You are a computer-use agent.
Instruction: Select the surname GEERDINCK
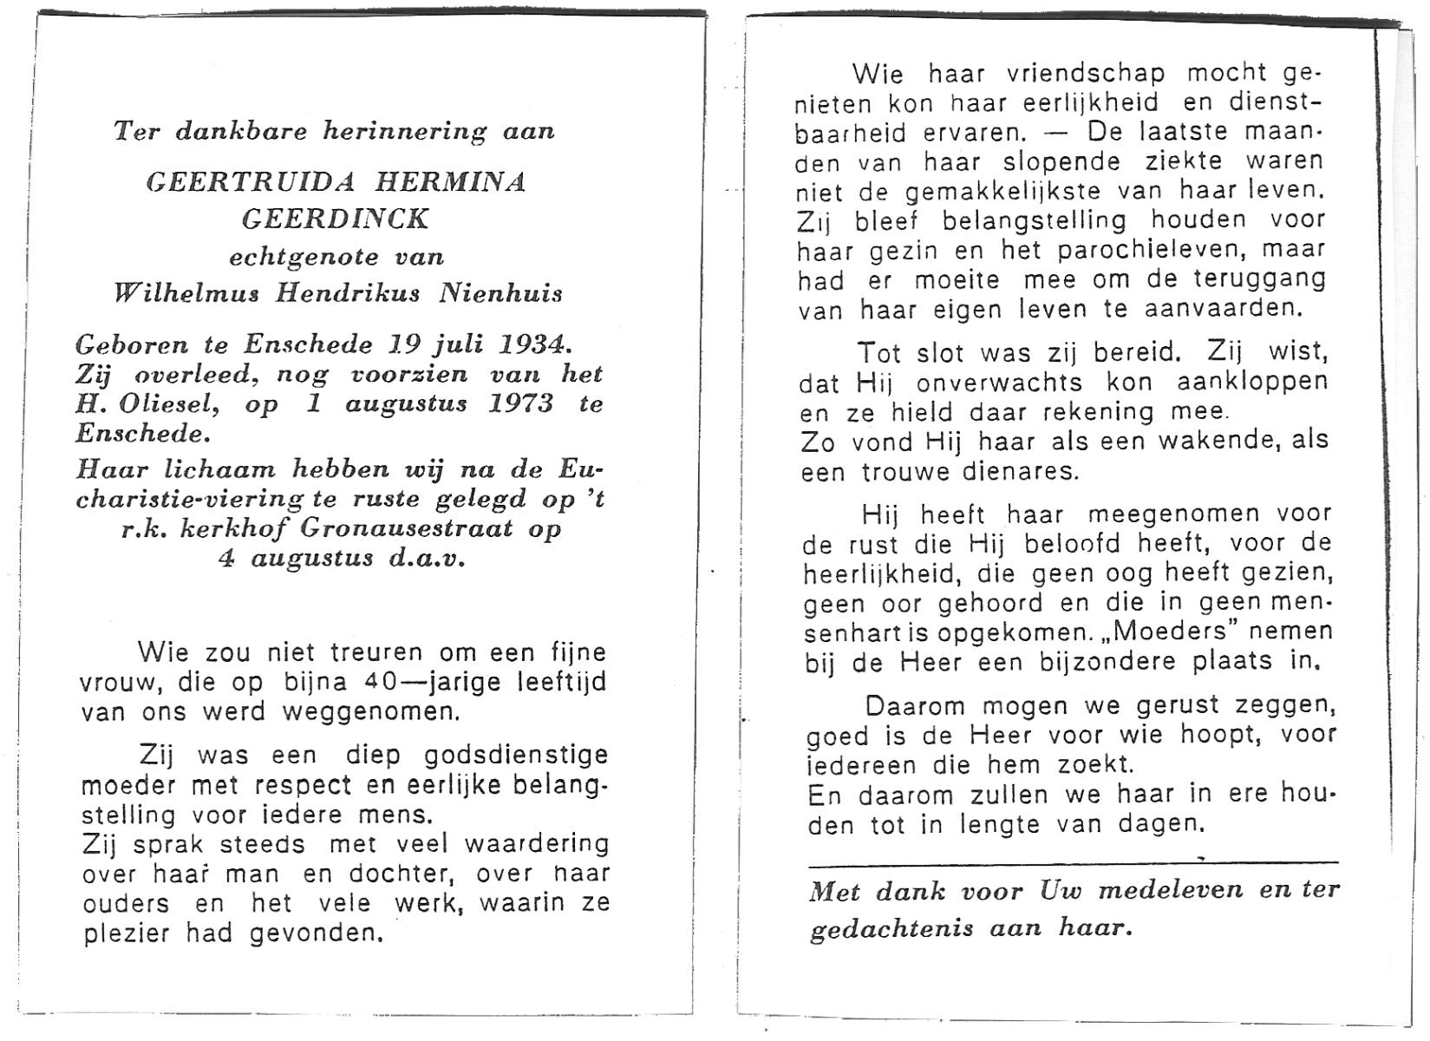pyautogui.click(x=336, y=219)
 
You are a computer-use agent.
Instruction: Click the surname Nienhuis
pyautogui.click(x=500, y=293)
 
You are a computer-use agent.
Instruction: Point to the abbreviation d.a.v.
pyautogui.click(x=427, y=558)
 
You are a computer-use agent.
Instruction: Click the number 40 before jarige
pyautogui.click(x=382, y=682)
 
